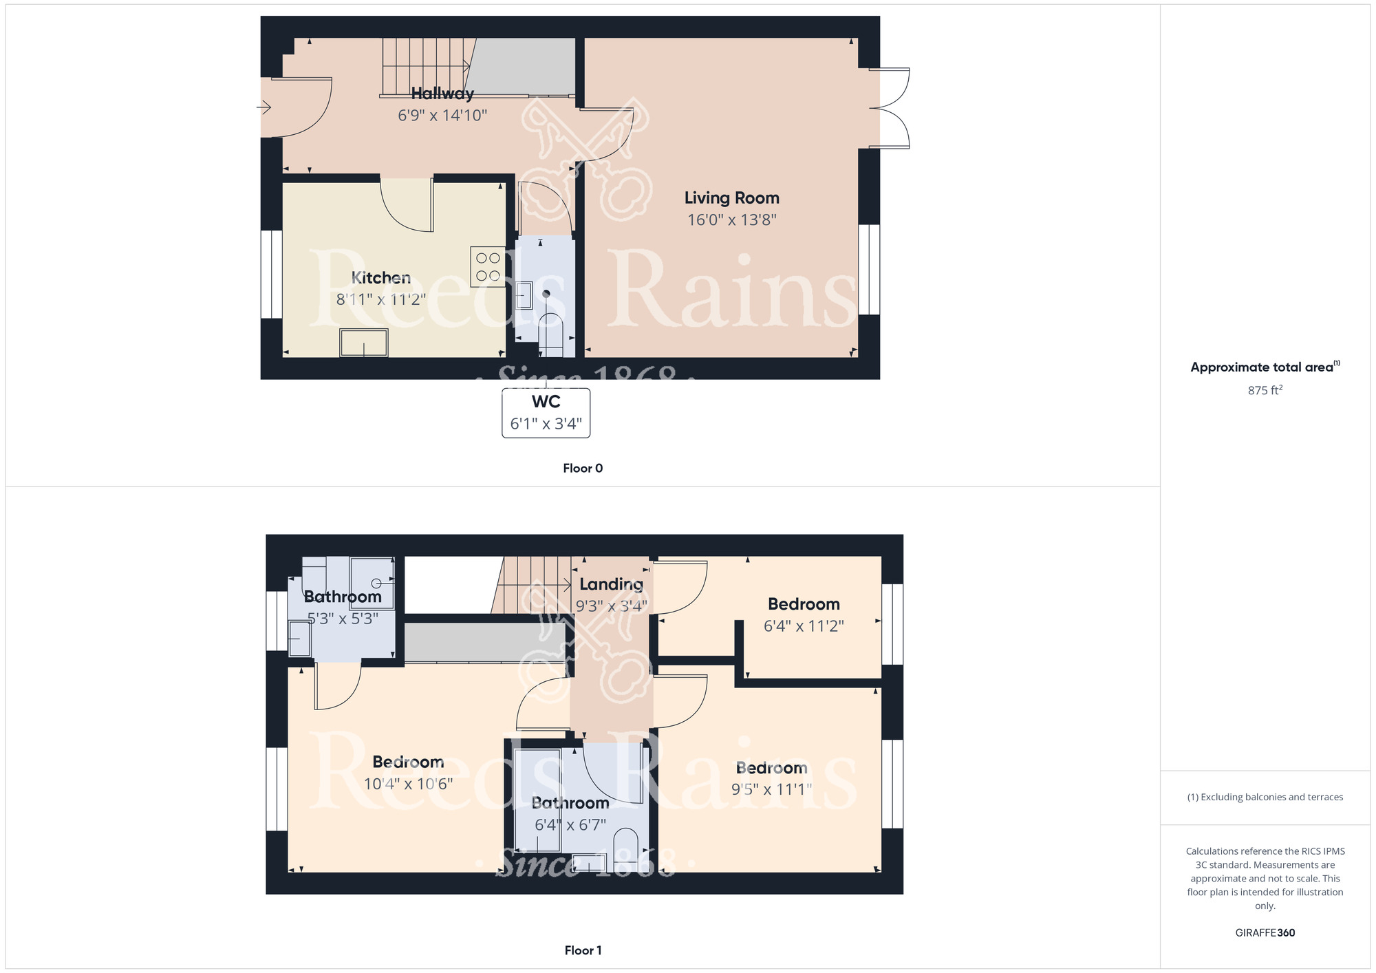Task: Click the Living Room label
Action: click(x=731, y=198)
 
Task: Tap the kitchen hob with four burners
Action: click(x=488, y=267)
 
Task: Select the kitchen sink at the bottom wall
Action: click(x=363, y=343)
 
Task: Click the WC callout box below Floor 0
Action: click(x=546, y=413)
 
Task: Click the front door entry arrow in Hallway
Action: click(x=264, y=108)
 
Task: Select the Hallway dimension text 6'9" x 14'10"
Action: click(x=442, y=116)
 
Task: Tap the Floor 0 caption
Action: click(x=583, y=469)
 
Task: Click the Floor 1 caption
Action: click(x=583, y=950)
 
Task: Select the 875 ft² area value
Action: click(x=1265, y=391)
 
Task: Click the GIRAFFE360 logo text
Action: click(x=1265, y=933)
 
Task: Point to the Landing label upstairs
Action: click(x=611, y=584)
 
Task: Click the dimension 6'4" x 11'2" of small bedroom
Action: click(x=804, y=626)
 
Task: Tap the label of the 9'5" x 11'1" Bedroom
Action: click(x=771, y=768)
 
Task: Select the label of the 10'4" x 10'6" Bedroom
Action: click(x=408, y=762)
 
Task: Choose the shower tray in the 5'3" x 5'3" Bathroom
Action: click(x=372, y=583)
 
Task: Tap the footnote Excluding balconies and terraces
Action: click(x=1265, y=798)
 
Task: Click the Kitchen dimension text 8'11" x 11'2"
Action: click(x=381, y=300)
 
